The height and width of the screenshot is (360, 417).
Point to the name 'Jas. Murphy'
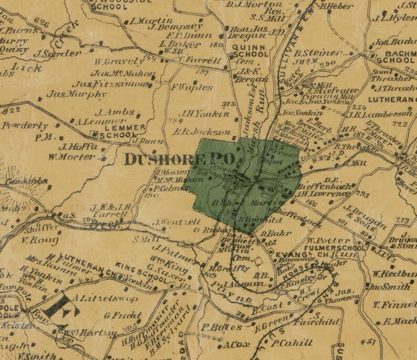[76, 95]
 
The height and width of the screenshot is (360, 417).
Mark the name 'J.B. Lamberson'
[384, 114]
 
